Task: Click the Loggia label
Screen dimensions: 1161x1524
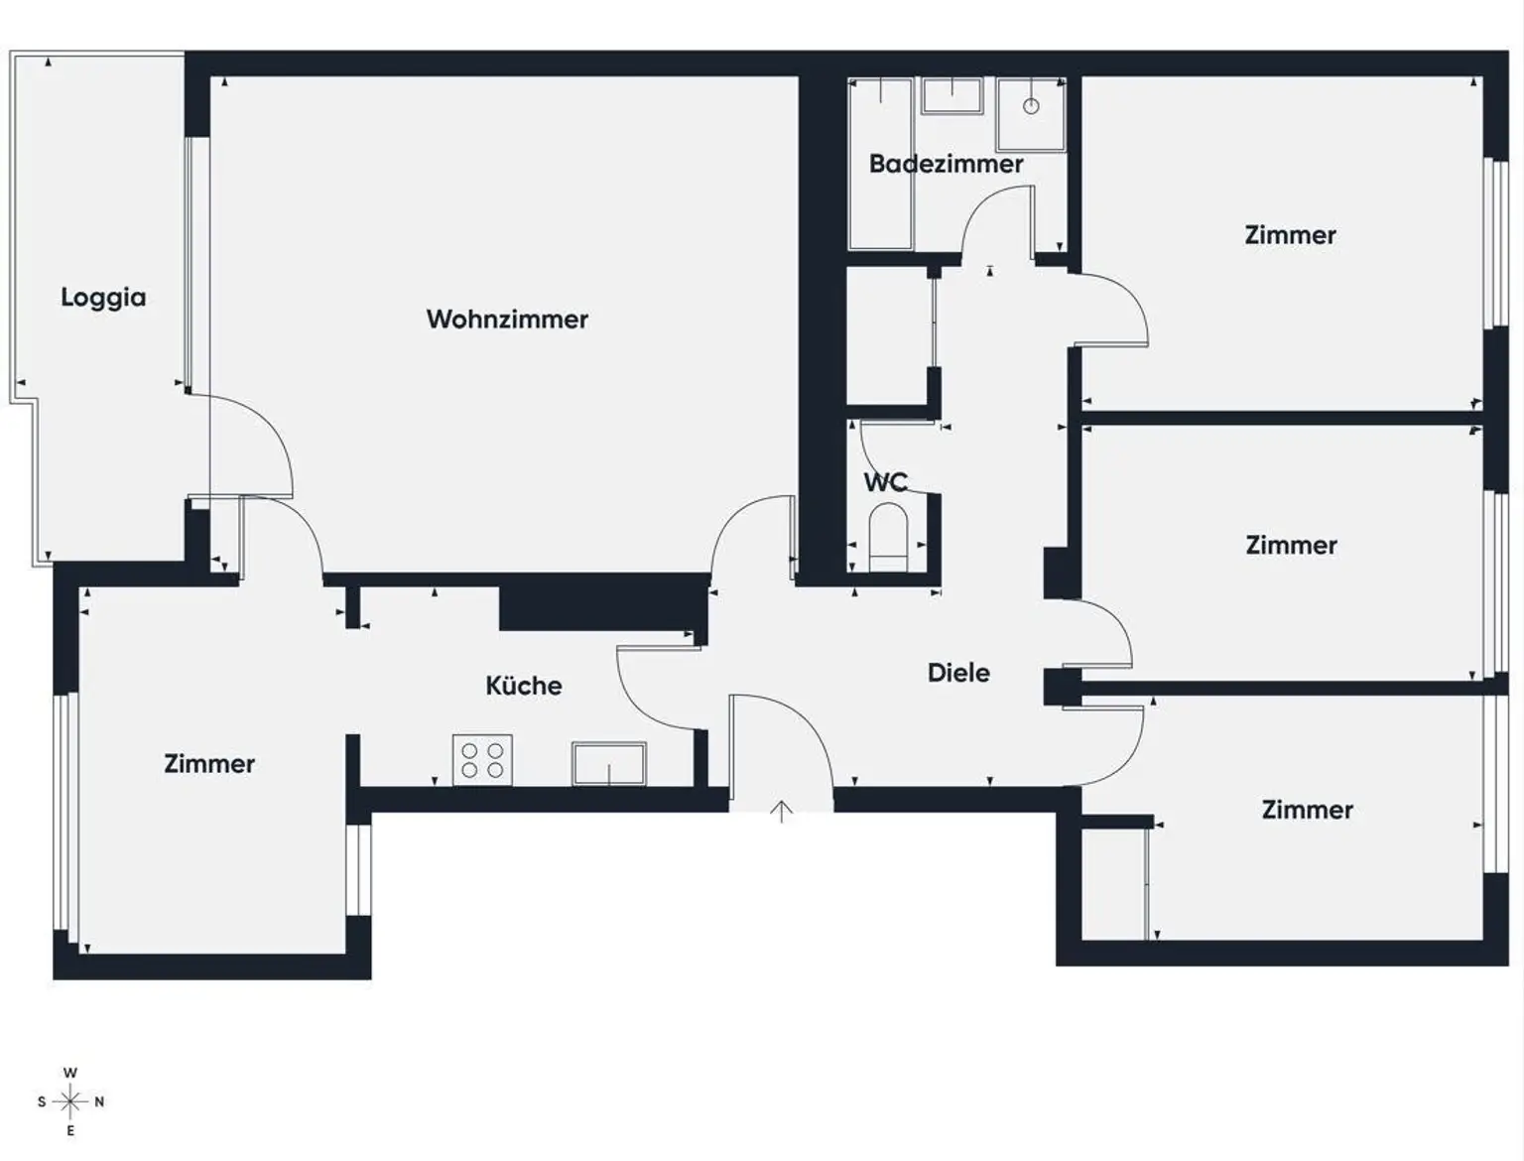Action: click(x=103, y=297)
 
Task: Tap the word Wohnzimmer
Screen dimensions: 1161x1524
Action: click(x=507, y=319)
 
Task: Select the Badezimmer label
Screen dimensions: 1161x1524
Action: click(x=946, y=164)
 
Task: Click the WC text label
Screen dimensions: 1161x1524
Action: click(x=885, y=482)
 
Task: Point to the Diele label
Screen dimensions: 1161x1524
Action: click(x=958, y=672)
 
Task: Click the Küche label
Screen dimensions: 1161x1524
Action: click(x=523, y=685)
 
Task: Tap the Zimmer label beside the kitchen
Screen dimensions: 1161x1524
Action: click(x=209, y=763)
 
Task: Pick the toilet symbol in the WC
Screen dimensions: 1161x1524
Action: click(x=888, y=537)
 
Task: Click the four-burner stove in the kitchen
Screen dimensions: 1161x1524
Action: click(x=482, y=760)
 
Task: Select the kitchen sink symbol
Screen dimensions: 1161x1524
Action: click(x=608, y=763)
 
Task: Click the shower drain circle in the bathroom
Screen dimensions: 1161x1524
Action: click(x=1031, y=106)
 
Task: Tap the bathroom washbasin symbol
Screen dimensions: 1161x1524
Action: click(x=952, y=96)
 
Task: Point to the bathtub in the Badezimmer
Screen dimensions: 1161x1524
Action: click(x=880, y=164)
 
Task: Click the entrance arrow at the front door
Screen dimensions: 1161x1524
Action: click(x=782, y=812)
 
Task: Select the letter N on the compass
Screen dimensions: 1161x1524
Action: click(x=99, y=1101)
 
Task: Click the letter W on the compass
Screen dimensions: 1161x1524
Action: click(x=69, y=1073)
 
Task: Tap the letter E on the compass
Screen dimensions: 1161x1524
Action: click(x=69, y=1130)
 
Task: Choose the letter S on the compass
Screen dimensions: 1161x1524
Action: click(x=42, y=1101)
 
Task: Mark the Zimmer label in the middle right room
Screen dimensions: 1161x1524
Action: click(x=1291, y=545)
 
